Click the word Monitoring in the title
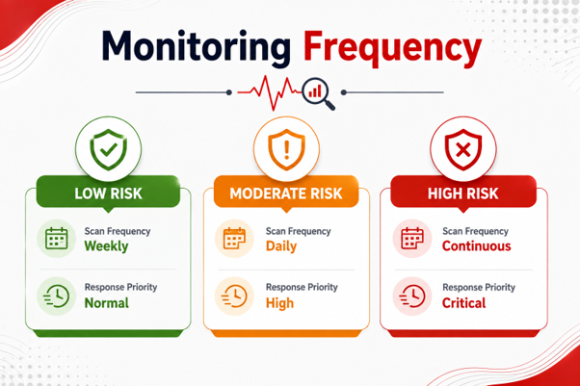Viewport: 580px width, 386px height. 196,47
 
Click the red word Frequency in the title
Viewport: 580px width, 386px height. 392,48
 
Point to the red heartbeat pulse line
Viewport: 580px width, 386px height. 270,92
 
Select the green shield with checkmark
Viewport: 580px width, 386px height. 108,149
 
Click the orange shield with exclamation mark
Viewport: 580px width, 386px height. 286,149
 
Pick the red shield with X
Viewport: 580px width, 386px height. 463,149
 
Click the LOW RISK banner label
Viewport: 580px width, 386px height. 108,193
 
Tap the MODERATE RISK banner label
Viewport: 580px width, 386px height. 286,193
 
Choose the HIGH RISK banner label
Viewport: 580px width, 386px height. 463,193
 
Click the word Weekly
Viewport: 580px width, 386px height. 107,246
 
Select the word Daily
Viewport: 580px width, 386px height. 281,246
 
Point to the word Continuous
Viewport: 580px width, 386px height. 476,246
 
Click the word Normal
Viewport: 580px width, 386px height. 107,303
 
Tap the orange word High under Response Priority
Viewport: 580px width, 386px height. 279,303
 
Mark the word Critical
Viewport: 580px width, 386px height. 463,303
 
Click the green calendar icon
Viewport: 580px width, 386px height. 56,239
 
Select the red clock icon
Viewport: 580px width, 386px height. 412,296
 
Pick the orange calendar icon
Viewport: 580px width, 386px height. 234,239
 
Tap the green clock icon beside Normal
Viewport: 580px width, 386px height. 56,296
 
